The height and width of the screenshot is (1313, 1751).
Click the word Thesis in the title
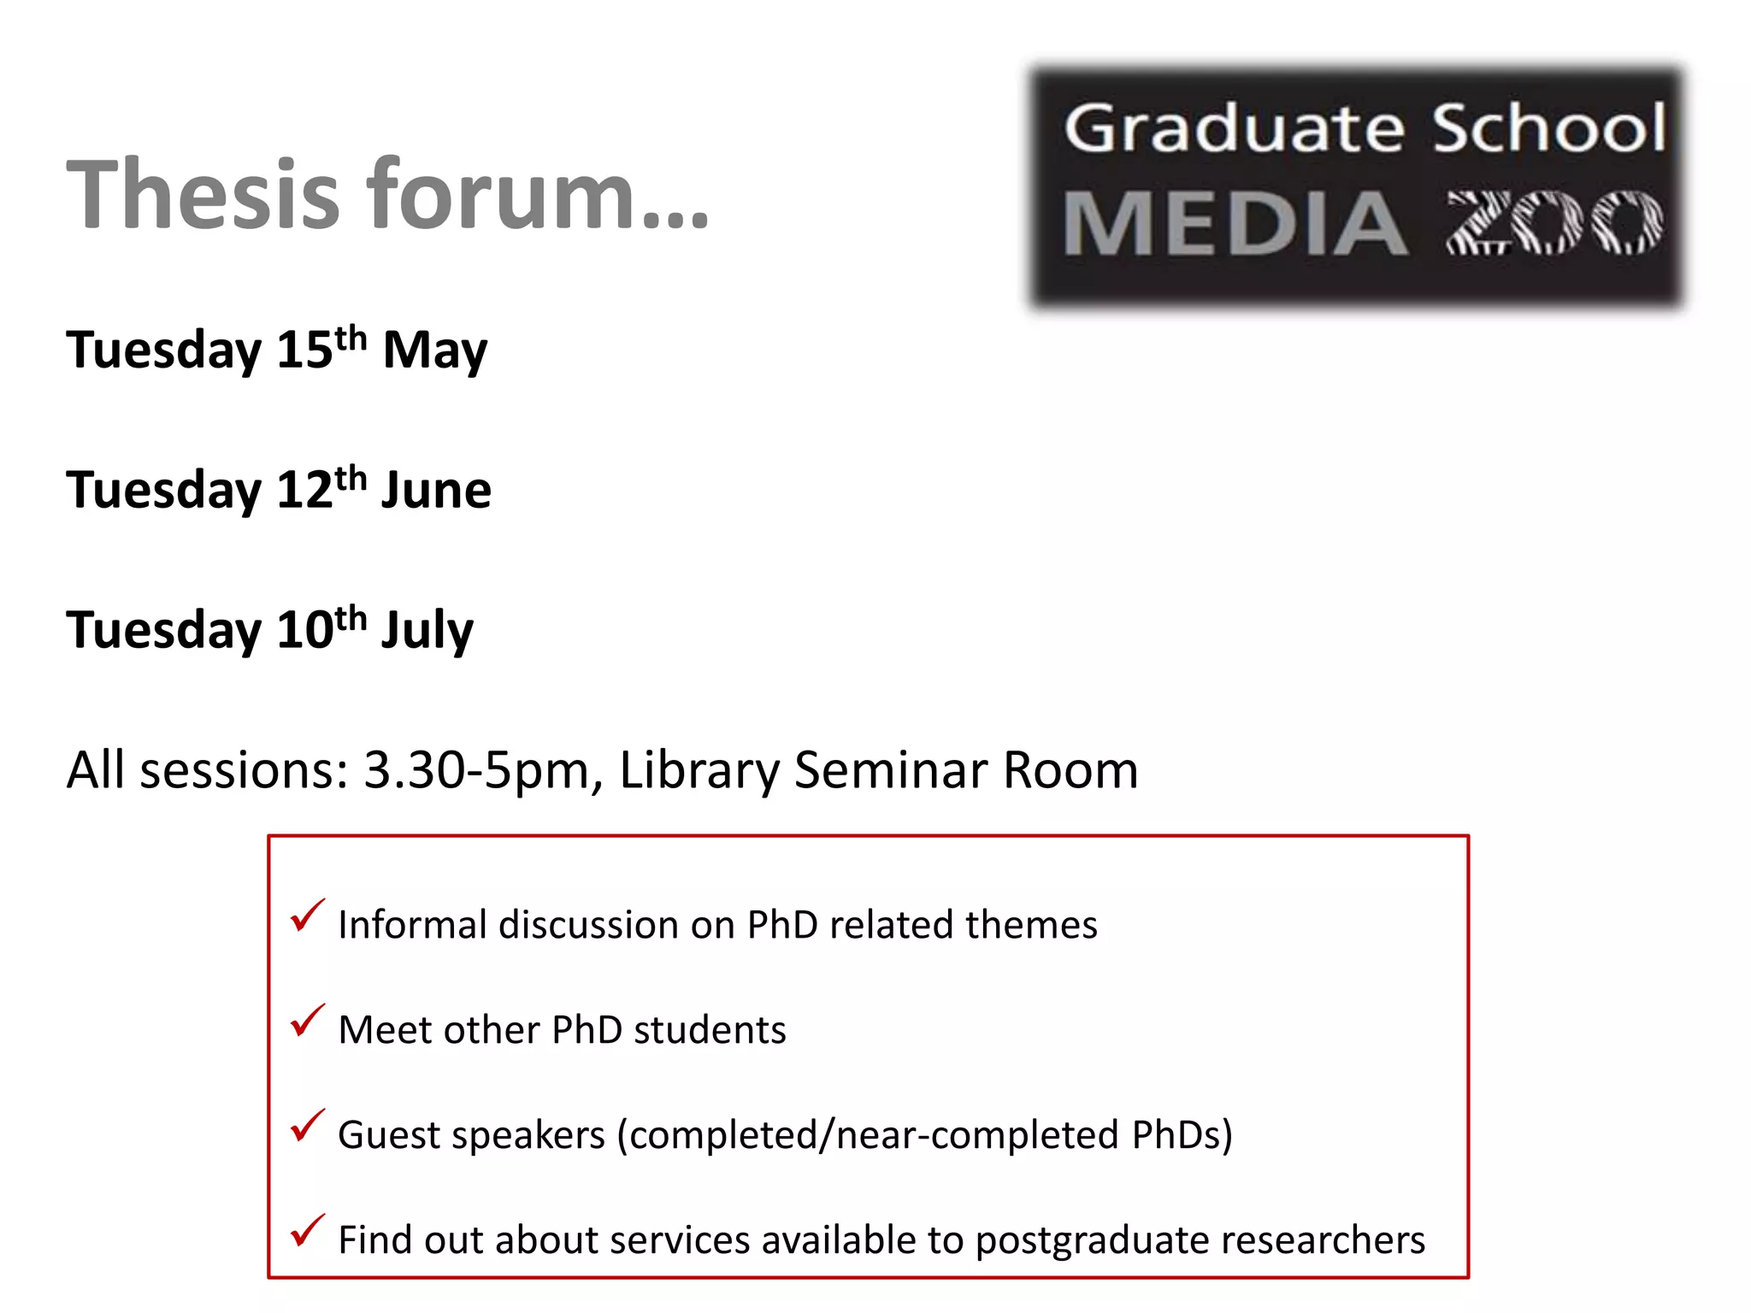click(x=203, y=195)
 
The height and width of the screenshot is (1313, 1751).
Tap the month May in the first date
click(x=434, y=351)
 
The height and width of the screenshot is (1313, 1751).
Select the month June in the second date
click(x=436, y=490)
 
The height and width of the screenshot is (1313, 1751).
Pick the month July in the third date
click(x=427, y=631)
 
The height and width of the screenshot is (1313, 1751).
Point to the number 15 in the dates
click(x=304, y=351)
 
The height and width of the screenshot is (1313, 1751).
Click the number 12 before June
click(x=304, y=491)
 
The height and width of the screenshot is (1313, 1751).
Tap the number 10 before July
click(x=304, y=631)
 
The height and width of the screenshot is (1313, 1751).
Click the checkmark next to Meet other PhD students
click(x=307, y=1021)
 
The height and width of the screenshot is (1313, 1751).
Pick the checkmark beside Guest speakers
click(x=307, y=1126)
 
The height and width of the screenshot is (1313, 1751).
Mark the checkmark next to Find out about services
click(x=307, y=1231)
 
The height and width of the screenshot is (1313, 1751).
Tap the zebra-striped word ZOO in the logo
click(x=1554, y=222)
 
